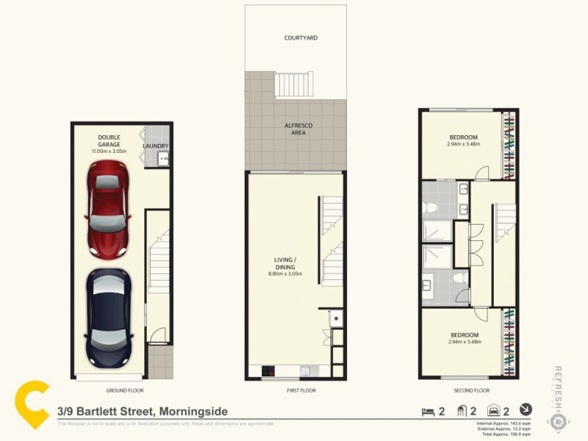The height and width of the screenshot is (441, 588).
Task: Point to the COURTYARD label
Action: (301, 37)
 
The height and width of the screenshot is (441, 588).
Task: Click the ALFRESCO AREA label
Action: (298, 129)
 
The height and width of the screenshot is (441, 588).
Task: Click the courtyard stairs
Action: (294, 85)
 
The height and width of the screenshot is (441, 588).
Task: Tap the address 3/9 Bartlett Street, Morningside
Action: (143, 412)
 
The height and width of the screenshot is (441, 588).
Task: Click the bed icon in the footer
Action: (426, 411)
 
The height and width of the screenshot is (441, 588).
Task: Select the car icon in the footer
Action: (493, 411)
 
